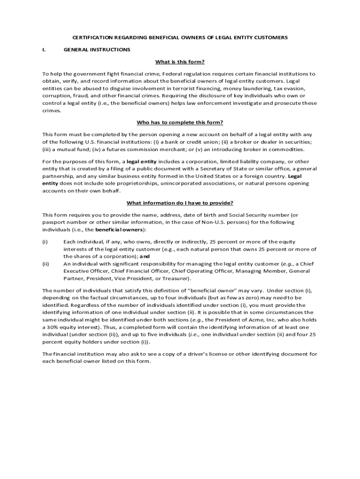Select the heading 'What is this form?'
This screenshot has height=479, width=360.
(180, 62)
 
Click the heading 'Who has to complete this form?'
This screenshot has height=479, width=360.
(180, 123)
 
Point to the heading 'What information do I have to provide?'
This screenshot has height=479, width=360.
(180, 203)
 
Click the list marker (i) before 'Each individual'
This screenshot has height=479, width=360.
(45, 242)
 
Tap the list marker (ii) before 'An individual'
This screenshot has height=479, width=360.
(46, 264)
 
